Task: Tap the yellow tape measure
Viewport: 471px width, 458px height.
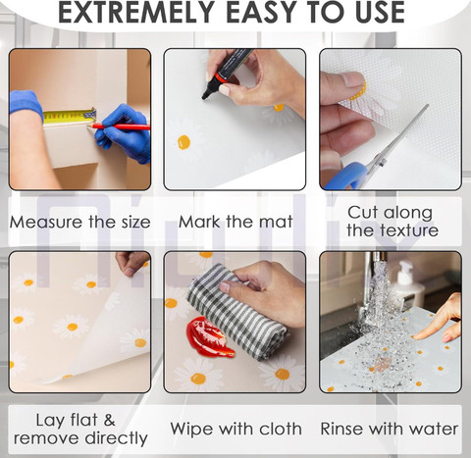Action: click(x=70, y=117)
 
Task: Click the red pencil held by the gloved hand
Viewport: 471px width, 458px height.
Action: click(x=119, y=127)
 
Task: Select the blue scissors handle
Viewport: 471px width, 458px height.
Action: click(x=346, y=176)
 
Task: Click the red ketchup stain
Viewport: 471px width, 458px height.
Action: click(x=209, y=336)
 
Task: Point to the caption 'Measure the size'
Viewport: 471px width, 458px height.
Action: click(x=80, y=222)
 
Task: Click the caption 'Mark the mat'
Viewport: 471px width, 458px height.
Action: click(x=235, y=222)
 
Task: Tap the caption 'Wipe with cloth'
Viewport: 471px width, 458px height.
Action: click(x=235, y=429)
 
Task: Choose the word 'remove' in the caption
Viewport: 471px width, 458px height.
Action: click(x=49, y=438)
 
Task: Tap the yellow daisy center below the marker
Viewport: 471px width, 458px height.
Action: click(x=183, y=142)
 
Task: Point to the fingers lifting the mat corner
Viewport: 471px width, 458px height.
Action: click(x=131, y=263)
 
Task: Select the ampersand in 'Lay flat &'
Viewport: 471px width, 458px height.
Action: click(x=110, y=421)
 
